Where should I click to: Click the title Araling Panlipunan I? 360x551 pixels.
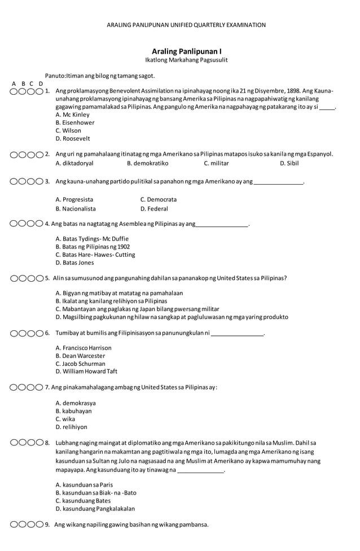pos(186,51)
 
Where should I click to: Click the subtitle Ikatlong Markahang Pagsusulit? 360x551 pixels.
pos(186,60)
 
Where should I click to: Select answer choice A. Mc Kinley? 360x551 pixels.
pos(73,115)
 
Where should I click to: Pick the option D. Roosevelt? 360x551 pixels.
pos(73,138)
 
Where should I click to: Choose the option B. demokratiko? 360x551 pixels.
pos(147,163)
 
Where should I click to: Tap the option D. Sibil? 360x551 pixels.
pos(289,163)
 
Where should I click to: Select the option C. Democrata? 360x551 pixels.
pos(158,199)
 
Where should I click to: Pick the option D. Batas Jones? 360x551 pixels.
pos(75,263)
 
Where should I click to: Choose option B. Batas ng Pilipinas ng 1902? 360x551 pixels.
pos(93,247)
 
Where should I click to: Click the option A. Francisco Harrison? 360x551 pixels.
pos(84,348)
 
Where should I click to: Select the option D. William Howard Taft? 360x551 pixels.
pos(86,371)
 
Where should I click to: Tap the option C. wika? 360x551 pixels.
pos(65,419)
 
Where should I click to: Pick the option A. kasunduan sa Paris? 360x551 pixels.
pos(84,484)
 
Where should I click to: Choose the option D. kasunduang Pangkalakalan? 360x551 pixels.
pos(95,508)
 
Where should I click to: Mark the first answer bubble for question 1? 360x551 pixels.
pos(14,91)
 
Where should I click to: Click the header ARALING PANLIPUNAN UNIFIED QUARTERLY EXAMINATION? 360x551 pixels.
pos(186,25)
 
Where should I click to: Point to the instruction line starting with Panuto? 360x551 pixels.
pos(100,75)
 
